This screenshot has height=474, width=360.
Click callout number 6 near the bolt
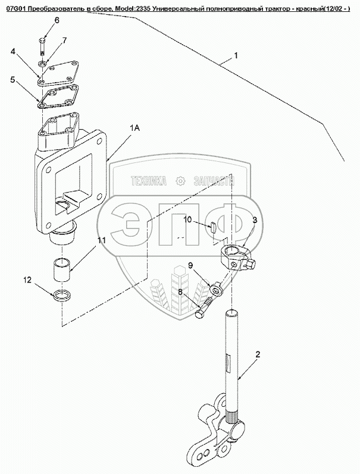click(x=57, y=20)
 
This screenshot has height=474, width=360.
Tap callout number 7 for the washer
click(x=64, y=40)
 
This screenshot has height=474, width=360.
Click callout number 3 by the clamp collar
click(x=254, y=220)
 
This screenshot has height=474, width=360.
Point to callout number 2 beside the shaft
click(x=257, y=355)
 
